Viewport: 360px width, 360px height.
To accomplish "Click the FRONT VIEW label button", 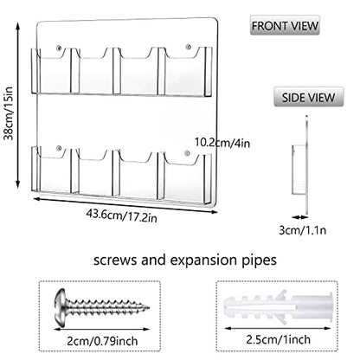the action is pyautogui.click(x=285, y=25).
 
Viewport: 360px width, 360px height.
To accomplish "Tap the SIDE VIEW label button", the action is pyautogui.click(x=308, y=97).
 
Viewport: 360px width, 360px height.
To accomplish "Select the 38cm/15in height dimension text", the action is pyautogui.click(x=10, y=113).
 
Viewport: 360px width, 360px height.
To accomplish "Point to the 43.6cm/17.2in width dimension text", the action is pyautogui.click(x=121, y=215).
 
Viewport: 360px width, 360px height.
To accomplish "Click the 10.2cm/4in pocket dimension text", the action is pyautogui.click(x=222, y=143).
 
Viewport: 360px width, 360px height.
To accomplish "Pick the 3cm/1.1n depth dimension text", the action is pyautogui.click(x=303, y=230).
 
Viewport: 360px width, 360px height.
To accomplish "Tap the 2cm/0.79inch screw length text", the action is pyautogui.click(x=102, y=341).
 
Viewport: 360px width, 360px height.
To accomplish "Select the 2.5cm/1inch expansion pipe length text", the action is pyautogui.click(x=279, y=339).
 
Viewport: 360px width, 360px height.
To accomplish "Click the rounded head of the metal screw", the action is pyautogui.click(x=60, y=307).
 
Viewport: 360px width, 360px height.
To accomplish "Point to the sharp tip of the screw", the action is pyautogui.click(x=149, y=307).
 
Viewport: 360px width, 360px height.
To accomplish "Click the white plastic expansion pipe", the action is pyautogui.click(x=278, y=307).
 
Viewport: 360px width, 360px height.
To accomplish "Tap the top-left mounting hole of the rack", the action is pyautogui.click(x=59, y=48).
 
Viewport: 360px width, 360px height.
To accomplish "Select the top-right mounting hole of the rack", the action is pyautogui.click(x=189, y=47).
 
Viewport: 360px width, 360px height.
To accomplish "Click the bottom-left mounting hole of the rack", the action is pyautogui.click(x=59, y=149).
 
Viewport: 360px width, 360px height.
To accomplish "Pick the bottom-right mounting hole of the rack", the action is pyautogui.click(x=187, y=153).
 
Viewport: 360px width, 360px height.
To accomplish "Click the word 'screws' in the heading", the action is pyautogui.click(x=115, y=260).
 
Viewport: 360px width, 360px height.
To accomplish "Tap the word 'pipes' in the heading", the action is pyautogui.click(x=259, y=261).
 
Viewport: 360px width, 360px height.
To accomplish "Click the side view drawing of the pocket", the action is pyautogui.click(x=299, y=170).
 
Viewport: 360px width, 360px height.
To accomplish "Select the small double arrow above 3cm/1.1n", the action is pyautogui.click(x=299, y=217).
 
